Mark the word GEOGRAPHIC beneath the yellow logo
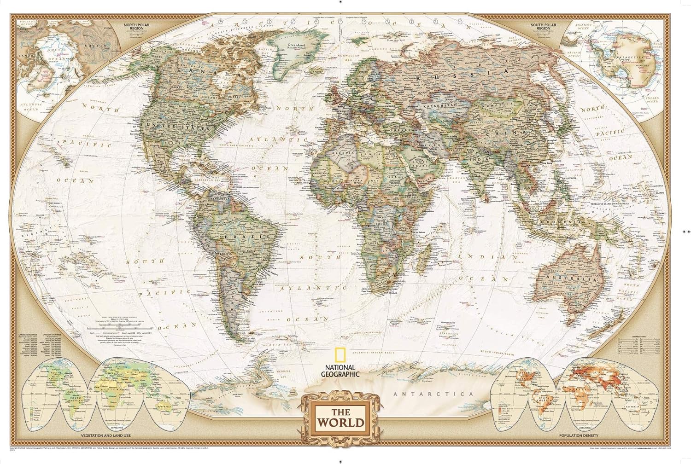tap(340, 374)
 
